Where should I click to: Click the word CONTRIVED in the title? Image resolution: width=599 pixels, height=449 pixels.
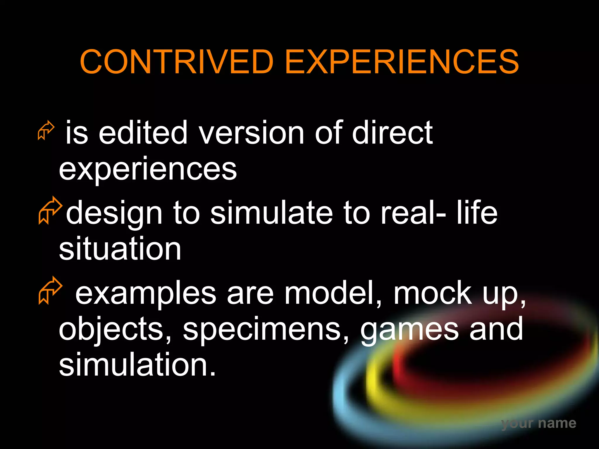176,62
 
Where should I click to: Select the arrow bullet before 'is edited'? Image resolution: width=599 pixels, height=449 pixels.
46,130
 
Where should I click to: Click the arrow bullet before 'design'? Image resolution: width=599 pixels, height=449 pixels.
50,210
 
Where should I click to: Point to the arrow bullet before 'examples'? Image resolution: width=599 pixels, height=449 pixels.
50,290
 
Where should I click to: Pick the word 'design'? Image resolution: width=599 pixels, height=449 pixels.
114,213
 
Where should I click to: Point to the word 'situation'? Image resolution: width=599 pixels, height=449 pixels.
120,249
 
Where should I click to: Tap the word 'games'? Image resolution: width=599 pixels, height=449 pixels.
409,330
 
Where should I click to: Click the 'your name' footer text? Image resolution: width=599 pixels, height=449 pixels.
538,423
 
